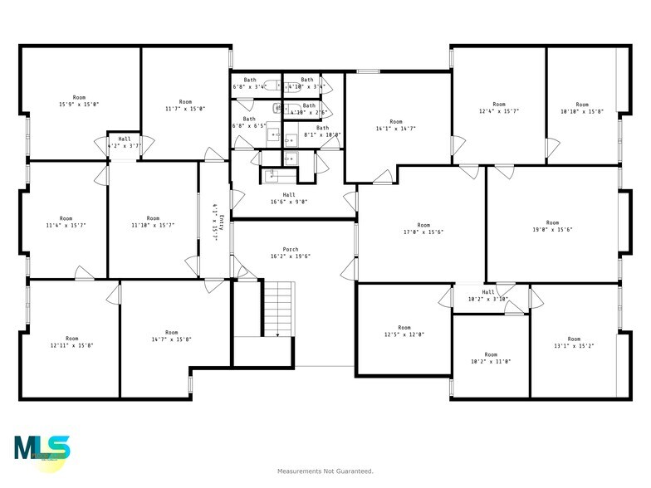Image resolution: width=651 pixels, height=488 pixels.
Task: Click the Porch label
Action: tap(290, 249)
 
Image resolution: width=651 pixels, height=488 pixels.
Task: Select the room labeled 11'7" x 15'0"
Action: tap(185, 105)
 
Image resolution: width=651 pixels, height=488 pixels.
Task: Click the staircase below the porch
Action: tap(278, 307)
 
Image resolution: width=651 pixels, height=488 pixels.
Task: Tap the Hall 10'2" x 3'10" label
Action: tap(487, 295)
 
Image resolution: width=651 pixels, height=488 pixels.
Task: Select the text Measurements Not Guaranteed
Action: tap(325, 471)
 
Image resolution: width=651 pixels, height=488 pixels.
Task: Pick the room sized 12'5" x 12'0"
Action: tap(404, 331)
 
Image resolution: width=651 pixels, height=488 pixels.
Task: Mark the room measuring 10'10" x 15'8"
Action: tap(581, 108)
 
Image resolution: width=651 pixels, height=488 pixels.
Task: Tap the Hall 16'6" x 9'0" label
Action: tap(288, 198)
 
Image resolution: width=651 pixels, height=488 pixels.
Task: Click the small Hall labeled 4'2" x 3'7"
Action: tap(125, 142)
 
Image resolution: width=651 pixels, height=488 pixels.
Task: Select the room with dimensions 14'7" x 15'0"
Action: tap(171, 336)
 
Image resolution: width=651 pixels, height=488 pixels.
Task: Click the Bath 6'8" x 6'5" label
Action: tap(249, 122)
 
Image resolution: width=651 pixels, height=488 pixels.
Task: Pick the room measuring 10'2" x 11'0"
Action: tap(491, 359)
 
